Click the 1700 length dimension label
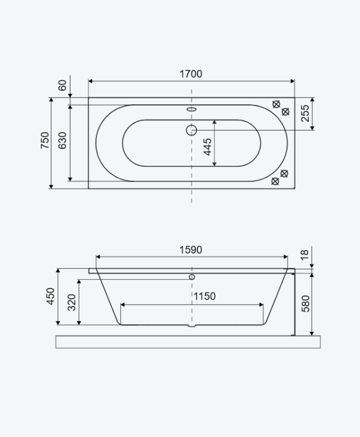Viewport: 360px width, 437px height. coord(190,74)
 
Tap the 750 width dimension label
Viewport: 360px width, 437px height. coord(45,140)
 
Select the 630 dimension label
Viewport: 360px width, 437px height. coord(62,140)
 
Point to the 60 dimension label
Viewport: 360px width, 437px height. coord(62,85)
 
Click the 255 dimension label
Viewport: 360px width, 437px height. coord(305,113)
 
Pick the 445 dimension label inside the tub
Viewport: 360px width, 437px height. coord(207,147)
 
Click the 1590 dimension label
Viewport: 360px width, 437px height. coord(190,250)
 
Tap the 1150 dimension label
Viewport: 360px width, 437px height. coord(204,296)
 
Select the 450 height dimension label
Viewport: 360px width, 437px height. coord(51,296)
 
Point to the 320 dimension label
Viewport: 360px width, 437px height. coord(72,302)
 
